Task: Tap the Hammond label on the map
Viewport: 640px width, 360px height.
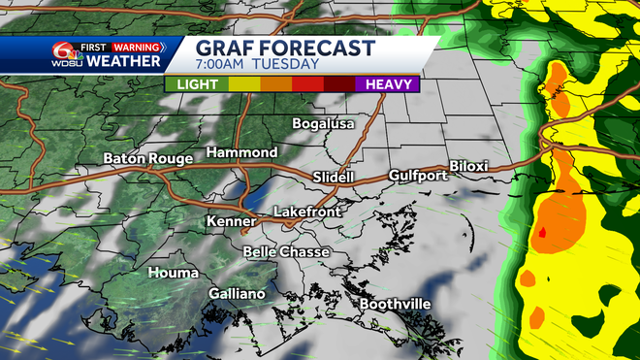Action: (x=242, y=153)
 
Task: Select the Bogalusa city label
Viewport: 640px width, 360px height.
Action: (x=324, y=124)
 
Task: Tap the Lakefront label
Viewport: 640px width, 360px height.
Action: (x=304, y=211)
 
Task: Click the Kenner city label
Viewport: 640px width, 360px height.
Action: (x=231, y=222)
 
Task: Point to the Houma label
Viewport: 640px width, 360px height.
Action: (x=174, y=273)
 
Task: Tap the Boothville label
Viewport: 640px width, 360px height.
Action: (x=395, y=304)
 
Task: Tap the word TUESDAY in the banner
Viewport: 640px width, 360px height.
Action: (x=288, y=65)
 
